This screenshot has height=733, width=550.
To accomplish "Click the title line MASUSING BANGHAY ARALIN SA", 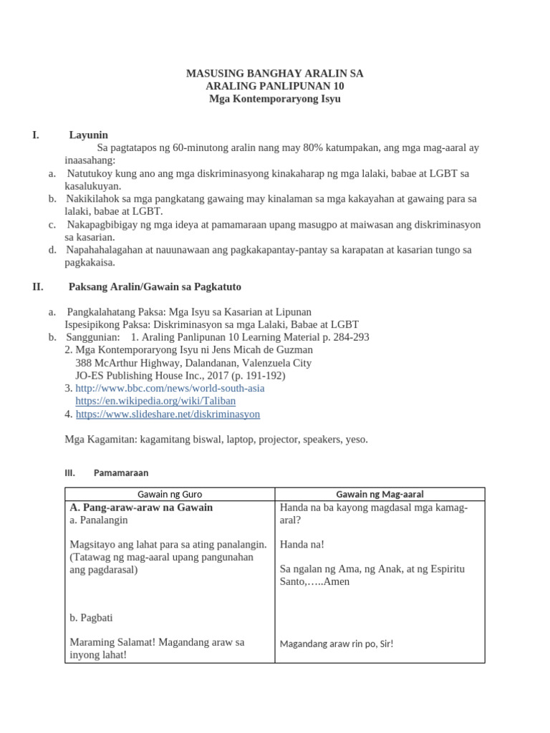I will (x=274, y=73).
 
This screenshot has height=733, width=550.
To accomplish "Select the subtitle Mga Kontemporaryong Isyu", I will (x=274, y=99).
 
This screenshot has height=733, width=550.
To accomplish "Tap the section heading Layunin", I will (x=88, y=135).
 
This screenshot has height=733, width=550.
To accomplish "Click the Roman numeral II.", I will (x=38, y=286).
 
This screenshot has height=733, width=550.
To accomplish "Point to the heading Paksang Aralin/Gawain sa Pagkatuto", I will (x=155, y=286).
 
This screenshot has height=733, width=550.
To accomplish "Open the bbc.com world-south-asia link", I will (x=170, y=388).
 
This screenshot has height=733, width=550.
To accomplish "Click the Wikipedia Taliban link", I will (x=155, y=401).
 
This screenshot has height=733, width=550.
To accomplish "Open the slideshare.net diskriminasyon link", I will (x=168, y=414).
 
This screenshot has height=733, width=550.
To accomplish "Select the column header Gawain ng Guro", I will (x=170, y=494).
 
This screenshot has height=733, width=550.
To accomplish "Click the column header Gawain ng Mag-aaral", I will (x=380, y=494).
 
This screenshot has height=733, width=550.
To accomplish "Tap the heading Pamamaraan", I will (x=121, y=473).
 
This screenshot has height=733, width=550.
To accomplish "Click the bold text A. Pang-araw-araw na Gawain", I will (x=141, y=507).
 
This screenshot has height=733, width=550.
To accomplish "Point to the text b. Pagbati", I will (x=92, y=617).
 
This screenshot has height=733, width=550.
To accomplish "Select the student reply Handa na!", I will (x=301, y=544).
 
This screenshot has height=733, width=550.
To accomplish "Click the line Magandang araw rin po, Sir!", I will (x=337, y=644).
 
